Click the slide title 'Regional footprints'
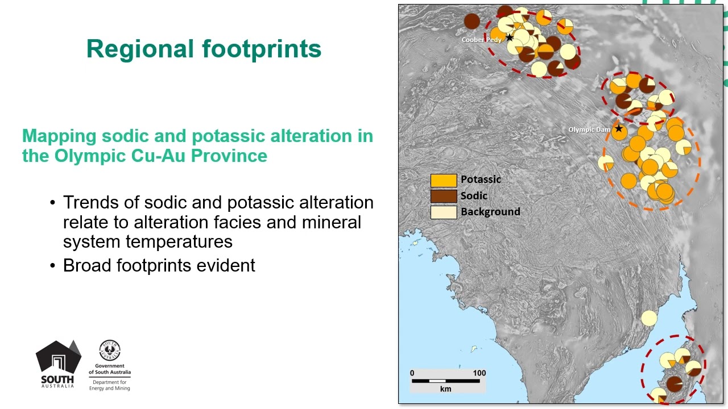click(204, 49)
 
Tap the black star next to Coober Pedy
click(510, 38)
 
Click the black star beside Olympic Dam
click(618, 129)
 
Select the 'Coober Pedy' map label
click(481, 40)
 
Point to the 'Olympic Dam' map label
click(589, 130)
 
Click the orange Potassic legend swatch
click(444, 180)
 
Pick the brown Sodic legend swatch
click(444, 196)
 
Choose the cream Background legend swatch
click(444, 212)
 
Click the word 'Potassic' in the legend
click(481, 180)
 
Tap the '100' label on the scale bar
click(479, 373)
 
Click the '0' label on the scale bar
click(412, 373)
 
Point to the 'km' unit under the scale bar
click(445, 389)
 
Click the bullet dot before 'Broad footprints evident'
click(53, 265)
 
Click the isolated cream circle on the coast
click(649, 318)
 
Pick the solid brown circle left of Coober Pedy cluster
click(471, 22)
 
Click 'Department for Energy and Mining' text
click(110, 385)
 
